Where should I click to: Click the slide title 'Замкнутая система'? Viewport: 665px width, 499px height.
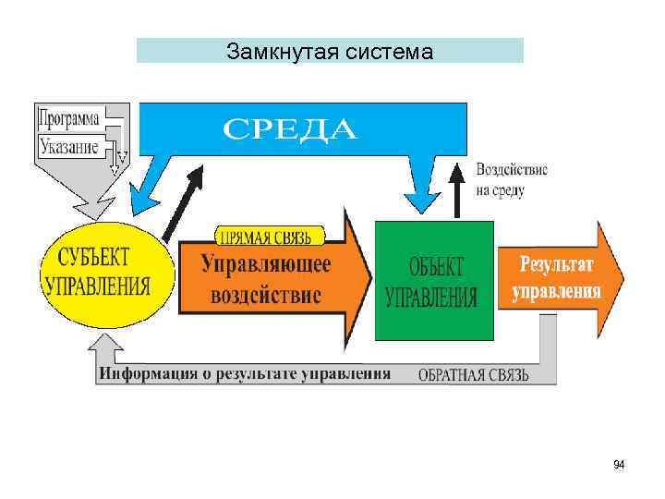(329, 52)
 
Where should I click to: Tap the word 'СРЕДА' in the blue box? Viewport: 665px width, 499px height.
(289, 129)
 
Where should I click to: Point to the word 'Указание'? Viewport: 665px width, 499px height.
(69, 146)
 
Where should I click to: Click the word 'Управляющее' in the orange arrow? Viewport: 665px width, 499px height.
(266, 264)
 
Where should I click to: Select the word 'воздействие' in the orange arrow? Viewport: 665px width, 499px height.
(266, 295)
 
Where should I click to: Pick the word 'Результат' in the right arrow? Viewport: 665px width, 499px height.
(557, 264)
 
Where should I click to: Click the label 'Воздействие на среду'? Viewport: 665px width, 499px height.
(512, 180)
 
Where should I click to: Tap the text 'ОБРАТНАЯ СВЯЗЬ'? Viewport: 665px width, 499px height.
(473, 375)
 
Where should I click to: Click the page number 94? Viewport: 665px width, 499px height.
(618, 465)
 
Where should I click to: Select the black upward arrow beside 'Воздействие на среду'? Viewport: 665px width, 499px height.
(456, 189)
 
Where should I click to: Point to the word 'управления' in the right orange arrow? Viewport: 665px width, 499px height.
(557, 292)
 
